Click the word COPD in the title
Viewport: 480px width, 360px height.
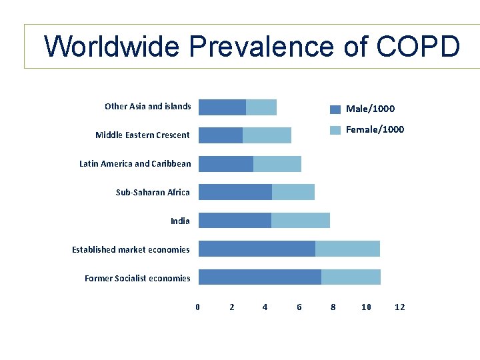click(418, 47)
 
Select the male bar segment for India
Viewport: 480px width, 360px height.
click(235, 221)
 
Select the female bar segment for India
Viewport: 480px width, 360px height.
click(301, 221)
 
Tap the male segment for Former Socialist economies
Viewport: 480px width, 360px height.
click(260, 277)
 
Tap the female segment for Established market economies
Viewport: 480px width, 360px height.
click(347, 249)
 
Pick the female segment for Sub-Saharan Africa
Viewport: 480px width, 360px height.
click(293, 192)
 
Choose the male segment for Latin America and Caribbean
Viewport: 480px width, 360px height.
click(226, 164)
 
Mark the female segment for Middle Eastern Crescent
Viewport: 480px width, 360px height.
click(267, 135)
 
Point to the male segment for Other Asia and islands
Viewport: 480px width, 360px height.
click(222, 107)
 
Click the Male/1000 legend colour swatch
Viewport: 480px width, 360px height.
click(335, 109)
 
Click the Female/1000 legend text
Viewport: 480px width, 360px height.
click(375, 129)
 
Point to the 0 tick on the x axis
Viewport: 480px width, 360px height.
click(197, 307)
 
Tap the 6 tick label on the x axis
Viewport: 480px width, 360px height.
click(299, 307)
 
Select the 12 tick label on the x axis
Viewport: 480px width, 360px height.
click(400, 307)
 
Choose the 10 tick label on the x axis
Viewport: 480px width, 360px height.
click(366, 307)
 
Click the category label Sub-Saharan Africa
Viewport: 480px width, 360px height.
click(153, 192)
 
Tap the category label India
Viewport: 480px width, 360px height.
click(180, 221)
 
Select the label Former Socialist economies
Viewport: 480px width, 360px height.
click(137, 278)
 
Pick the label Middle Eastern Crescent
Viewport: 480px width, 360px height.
click(142, 135)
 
